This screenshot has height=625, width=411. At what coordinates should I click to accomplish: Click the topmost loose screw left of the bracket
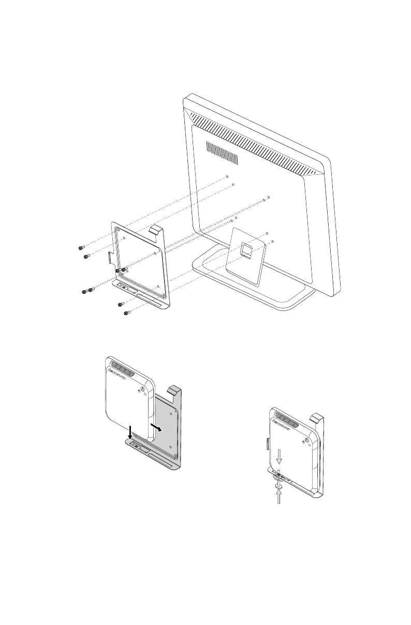tap(81, 247)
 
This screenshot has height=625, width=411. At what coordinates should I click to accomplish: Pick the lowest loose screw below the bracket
tap(127, 312)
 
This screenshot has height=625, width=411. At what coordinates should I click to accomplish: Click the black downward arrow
tap(130, 429)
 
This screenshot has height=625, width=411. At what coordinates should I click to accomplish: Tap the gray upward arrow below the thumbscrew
tap(280, 498)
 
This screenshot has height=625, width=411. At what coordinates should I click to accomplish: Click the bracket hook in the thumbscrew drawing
tap(317, 416)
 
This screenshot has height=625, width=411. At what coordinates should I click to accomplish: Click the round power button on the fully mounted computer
tap(307, 439)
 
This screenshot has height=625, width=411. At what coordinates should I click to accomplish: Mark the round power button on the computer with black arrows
tap(142, 391)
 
